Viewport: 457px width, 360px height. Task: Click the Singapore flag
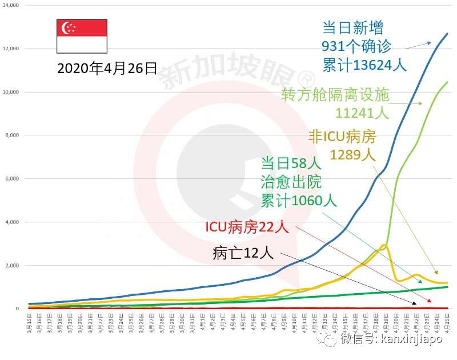click(x=81, y=36)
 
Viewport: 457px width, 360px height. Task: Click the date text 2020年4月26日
click(x=107, y=69)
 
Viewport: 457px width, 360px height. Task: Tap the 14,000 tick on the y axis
click(x=10, y=5)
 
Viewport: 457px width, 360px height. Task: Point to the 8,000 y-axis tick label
click(x=12, y=135)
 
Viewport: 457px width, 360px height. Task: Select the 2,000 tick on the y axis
click(x=12, y=266)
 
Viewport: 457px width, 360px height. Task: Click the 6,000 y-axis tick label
click(x=12, y=179)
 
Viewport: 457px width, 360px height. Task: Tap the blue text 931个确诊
click(x=356, y=47)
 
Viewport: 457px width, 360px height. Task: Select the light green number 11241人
click(x=362, y=113)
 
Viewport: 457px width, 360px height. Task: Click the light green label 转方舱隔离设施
click(x=335, y=94)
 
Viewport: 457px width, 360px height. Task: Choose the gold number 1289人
click(x=352, y=155)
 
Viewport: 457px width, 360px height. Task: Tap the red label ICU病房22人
click(x=247, y=227)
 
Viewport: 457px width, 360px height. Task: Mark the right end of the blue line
click(x=447, y=34)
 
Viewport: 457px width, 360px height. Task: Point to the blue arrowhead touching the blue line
click(x=430, y=43)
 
